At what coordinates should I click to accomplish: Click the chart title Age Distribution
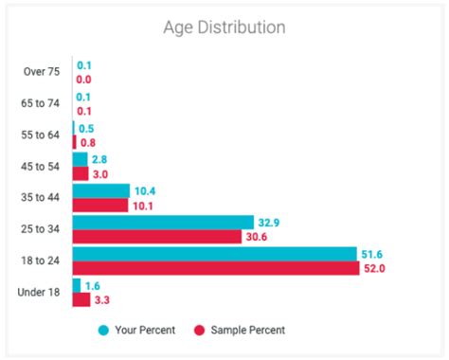pyautogui.click(x=224, y=27)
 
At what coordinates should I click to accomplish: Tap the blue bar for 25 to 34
pyautogui.click(x=163, y=222)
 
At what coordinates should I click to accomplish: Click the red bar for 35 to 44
pyautogui.click(x=100, y=205)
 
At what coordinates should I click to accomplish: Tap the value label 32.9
pyautogui.click(x=268, y=222)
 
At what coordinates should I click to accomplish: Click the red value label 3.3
pyautogui.click(x=101, y=299)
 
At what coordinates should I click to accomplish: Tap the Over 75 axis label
pyautogui.click(x=40, y=73)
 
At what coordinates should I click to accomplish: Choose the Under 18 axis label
pyautogui.click(x=39, y=292)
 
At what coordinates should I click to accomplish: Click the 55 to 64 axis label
pyautogui.click(x=40, y=135)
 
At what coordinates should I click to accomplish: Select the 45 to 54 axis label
pyautogui.click(x=40, y=167)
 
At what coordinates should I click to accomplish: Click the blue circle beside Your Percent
pyautogui.click(x=102, y=330)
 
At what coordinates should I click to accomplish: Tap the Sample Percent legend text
pyautogui.click(x=248, y=330)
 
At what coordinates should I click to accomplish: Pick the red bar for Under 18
pyautogui.click(x=81, y=299)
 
